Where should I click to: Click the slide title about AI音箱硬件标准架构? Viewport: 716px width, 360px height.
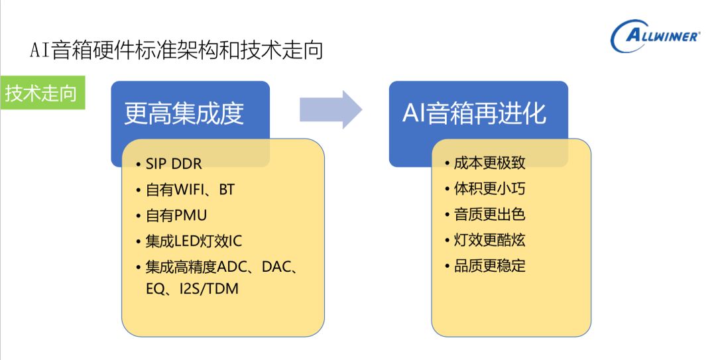176,50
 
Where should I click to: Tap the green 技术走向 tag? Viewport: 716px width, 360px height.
41,94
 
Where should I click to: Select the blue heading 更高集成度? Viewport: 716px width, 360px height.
184,113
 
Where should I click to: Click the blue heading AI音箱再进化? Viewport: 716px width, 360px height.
474,113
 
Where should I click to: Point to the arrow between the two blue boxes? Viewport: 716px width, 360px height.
330,109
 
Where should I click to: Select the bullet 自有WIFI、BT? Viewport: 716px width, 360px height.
190,190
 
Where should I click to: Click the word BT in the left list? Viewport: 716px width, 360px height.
227,190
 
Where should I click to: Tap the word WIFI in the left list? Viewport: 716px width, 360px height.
191,190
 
